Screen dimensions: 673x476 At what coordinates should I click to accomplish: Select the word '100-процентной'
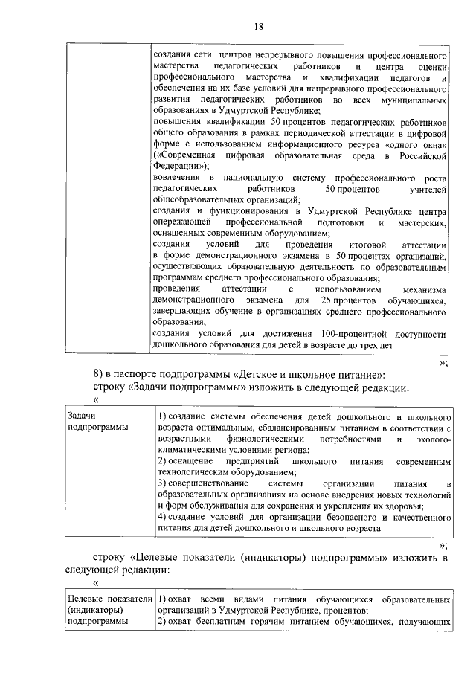353,333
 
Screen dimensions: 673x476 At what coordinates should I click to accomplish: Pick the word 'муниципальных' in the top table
411,99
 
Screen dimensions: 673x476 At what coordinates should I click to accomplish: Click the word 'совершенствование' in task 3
201,484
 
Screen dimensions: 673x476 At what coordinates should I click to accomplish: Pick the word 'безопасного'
346,517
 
